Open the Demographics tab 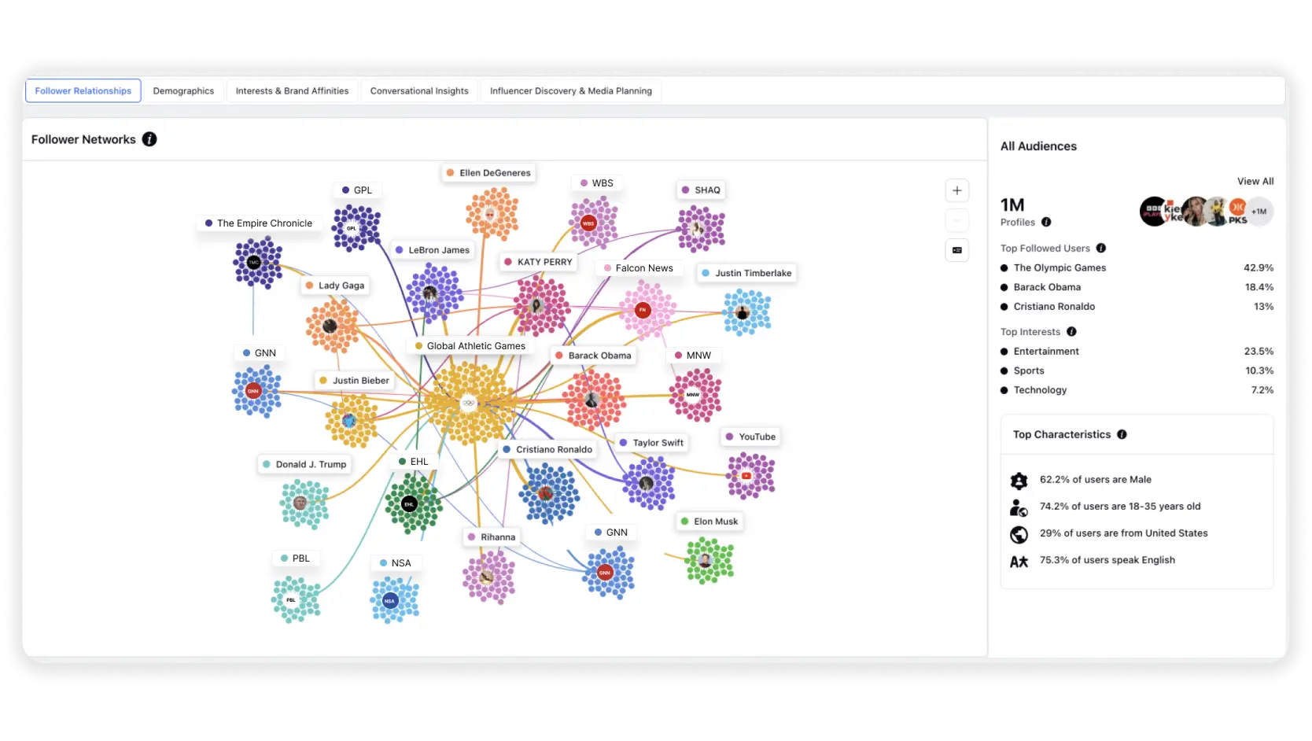coord(183,91)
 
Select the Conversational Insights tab coord(419,91)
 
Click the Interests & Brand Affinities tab coord(292,91)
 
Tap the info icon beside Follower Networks coord(149,139)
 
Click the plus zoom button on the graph coord(956,190)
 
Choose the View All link coord(1255,181)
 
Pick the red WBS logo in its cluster coord(588,223)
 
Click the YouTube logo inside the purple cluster coord(746,476)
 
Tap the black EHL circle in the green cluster coord(409,504)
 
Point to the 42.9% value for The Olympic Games coord(1258,267)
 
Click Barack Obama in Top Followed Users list coord(1047,287)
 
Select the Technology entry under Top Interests coord(1040,390)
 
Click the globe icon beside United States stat coord(1019,534)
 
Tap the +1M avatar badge coord(1259,212)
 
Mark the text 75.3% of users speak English coord(1107,560)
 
